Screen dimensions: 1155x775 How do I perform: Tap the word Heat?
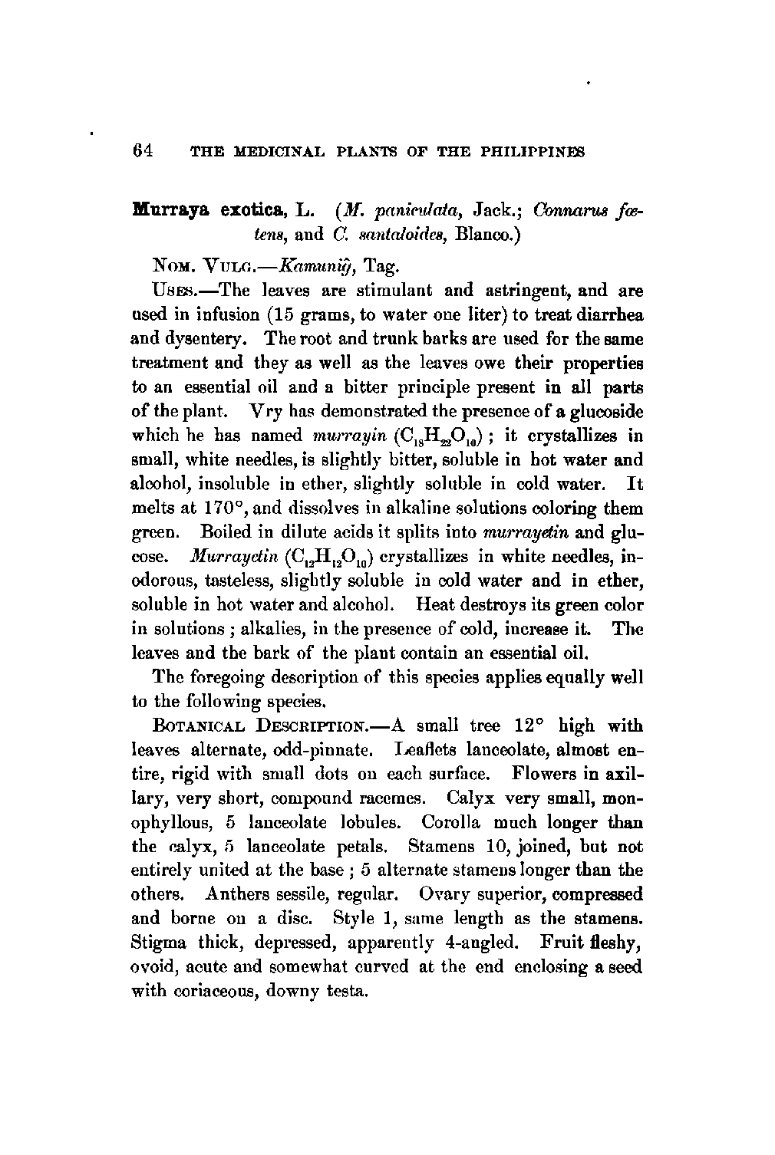tap(437, 606)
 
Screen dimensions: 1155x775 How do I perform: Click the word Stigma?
tap(157, 943)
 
